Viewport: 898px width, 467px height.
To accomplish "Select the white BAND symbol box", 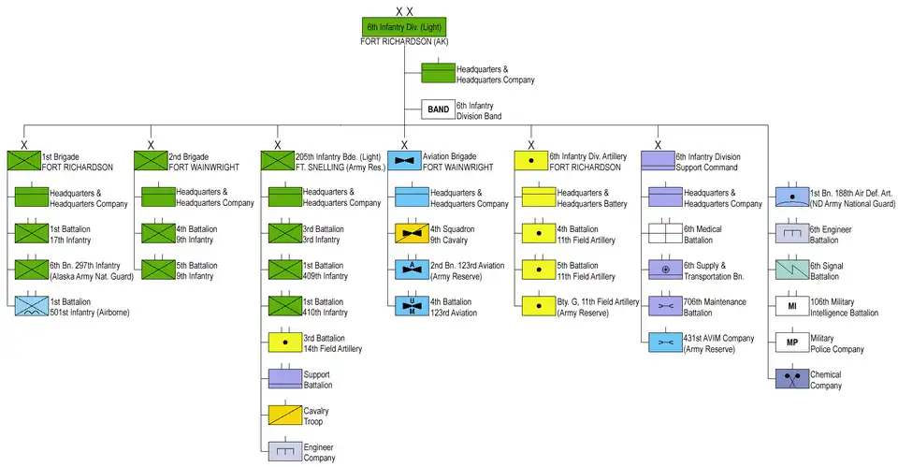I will (x=438, y=109).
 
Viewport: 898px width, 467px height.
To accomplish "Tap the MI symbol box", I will (x=791, y=306).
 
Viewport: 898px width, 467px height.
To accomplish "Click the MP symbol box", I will (x=791, y=342).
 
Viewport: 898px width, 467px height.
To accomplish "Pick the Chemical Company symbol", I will (x=791, y=379).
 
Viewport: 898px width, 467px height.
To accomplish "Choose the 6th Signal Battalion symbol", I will (x=791, y=270).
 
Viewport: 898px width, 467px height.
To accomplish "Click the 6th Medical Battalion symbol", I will (x=664, y=233).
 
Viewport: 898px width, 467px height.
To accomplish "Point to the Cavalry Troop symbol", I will (x=284, y=416).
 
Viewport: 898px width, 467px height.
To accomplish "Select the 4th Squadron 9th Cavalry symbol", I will (x=411, y=233).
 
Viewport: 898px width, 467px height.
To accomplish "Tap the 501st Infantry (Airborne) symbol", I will (x=30, y=305).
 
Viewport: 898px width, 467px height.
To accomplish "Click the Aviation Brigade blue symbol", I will (x=404, y=161).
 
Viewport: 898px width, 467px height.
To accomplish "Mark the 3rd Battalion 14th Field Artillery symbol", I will (x=284, y=343).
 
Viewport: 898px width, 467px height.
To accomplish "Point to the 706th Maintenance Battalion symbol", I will (x=664, y=306).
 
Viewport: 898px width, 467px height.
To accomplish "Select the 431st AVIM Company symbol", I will (x=664, y=343).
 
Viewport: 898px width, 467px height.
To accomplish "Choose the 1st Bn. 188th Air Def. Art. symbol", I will (x=791, y=197).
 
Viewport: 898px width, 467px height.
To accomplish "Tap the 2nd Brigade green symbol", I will (x=150, y=161).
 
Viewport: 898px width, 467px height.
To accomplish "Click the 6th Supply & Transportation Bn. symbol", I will (x=664, y=270).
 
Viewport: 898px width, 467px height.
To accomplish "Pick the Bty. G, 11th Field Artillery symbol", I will (x=538, y=306).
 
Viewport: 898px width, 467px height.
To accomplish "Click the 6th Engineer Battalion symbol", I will (x=791, y=233).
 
